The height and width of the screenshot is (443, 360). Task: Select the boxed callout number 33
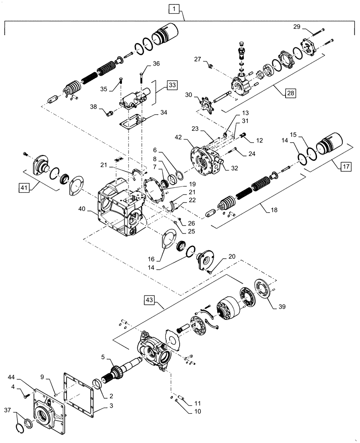coord(172,84)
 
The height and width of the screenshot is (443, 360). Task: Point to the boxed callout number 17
coord(346,167)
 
